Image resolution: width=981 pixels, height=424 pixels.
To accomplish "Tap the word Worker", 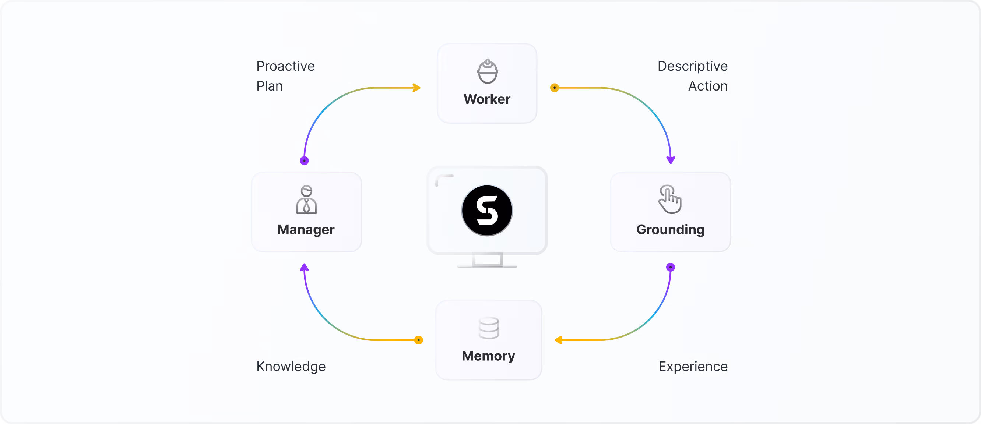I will point(487,99).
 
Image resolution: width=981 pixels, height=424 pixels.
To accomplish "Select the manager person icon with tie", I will point(306,199).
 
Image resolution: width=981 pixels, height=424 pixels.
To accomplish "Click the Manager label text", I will point(306,230).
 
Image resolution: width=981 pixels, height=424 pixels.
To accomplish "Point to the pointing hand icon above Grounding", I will point(670,199).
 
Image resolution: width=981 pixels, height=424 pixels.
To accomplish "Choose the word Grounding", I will point(670,230).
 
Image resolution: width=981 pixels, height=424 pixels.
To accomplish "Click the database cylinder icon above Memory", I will point(489,328).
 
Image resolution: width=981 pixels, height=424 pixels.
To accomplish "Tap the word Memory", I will point(488,356).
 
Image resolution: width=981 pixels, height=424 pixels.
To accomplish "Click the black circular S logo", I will point(487,211).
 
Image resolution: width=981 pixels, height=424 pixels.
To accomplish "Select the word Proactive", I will point(286,66).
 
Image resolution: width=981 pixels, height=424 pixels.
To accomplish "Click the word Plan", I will point(269,86).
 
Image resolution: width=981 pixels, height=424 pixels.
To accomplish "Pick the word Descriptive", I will point(692,66).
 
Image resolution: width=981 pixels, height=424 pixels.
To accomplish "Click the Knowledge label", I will point(291,367).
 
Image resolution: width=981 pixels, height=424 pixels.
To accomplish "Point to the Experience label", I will point(693,367).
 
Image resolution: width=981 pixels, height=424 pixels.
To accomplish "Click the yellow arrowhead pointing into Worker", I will point(417,88).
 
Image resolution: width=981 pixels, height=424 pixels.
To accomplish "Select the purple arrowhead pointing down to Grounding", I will point(671,159).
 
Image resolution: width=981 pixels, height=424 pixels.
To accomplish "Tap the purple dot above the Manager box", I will point(304,160).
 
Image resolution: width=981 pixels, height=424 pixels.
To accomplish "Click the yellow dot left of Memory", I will point(419,340).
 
